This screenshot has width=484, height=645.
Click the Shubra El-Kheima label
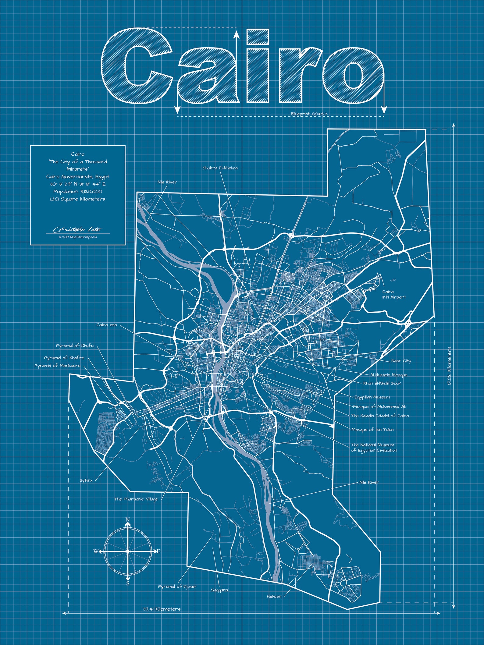tap(220, 168)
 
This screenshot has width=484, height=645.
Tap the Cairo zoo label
tap(107, 325)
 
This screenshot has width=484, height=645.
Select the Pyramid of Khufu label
tap(75, 346)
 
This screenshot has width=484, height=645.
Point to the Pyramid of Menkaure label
tap(57, 365)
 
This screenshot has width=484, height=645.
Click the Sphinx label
tap(86, 480)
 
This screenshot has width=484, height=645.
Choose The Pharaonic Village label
tap(136, 499)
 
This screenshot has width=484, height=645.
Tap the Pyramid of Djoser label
tap(177, 586)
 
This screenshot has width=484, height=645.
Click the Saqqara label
tap(219, 590)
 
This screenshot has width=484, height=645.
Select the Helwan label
tap(274, 596)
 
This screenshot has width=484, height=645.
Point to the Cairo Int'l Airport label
tap(394, 294)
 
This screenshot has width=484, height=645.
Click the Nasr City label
tap(401, 361)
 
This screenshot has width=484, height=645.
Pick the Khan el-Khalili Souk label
tap(382, 383)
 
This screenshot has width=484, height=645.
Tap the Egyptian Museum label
tap(372, 397)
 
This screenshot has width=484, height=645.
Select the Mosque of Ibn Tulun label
tap(372, 430)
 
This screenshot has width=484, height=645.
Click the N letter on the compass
tap(128, 519)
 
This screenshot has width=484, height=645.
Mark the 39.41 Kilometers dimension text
tap(162, 609)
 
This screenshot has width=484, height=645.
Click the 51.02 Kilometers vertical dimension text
tap(449, 366)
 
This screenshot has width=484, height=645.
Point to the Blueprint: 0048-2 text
tap(309, 114)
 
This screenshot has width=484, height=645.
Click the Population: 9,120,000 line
tap(78, 191)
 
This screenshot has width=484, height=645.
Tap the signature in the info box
tap(78, 229)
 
